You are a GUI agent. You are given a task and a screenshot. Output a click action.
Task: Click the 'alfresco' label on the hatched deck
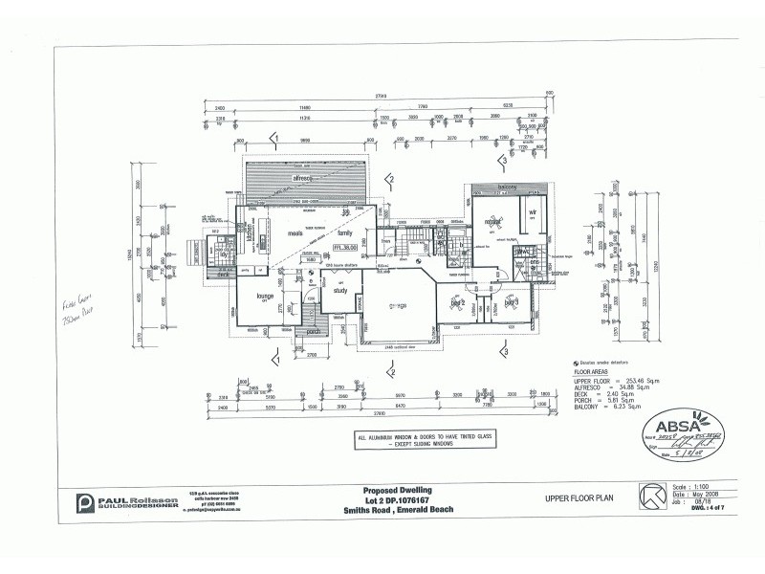303,178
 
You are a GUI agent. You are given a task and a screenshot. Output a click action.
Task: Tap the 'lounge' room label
266,296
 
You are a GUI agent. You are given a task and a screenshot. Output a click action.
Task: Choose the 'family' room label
345,232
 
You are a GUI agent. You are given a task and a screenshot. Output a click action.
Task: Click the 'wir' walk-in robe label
532,213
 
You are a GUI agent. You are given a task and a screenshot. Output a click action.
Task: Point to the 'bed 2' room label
457,303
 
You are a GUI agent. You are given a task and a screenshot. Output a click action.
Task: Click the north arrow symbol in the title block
653,498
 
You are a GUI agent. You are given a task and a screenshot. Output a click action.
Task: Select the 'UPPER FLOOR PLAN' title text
579,498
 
